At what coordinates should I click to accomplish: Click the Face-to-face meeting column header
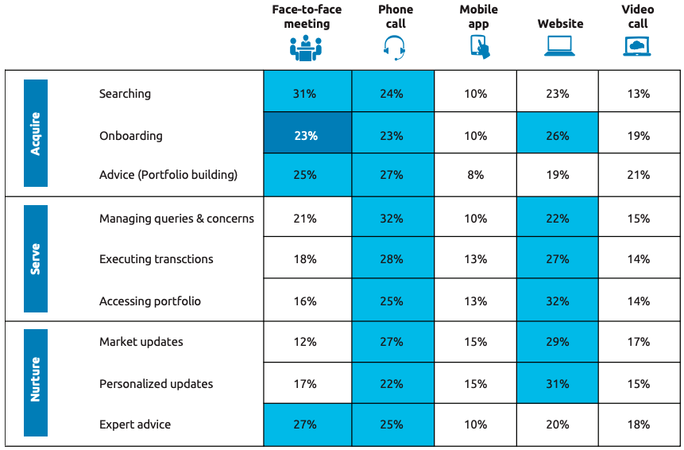pyautogui.click(x=307, y=17)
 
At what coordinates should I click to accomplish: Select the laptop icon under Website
pyautogui.click(x=559, y=48)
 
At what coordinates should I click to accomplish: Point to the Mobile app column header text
pyautogui.click(x=478, y=17)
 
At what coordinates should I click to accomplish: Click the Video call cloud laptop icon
pyautogui.click(x=637, y=48)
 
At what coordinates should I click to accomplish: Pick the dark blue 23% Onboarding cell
pyautogui.click(x=306, y=136)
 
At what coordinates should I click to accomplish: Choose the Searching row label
pyautogui.click(x=125, y=94)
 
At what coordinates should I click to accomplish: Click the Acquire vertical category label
pyautogui.click(x=36, y=133)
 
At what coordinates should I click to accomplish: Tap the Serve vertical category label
pyautogui.click(x=36, y=258)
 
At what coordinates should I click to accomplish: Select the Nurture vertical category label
pyautogui.click(x=36, y=382)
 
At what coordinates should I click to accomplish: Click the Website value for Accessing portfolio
pyautogui.click(x=558, y=301)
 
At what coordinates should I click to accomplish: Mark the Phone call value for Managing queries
pyautogui.click(x=392, y=219)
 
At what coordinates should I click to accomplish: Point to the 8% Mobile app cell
pyautogui.click(x=475, y=175)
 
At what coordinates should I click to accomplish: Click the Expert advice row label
pyautogui.click(x=135, y=425)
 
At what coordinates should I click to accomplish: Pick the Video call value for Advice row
pyautogui.click(x=638, y=175)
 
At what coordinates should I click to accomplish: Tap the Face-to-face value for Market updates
pyautogui.click(x=306, y=342)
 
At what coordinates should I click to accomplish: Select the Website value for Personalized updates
pyautogui.click(x=558, y=384)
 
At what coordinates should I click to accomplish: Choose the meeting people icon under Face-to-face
pyautogui.click(x=306, y=48)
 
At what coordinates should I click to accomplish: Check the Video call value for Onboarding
pyautogui.click(x=638, y=136)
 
